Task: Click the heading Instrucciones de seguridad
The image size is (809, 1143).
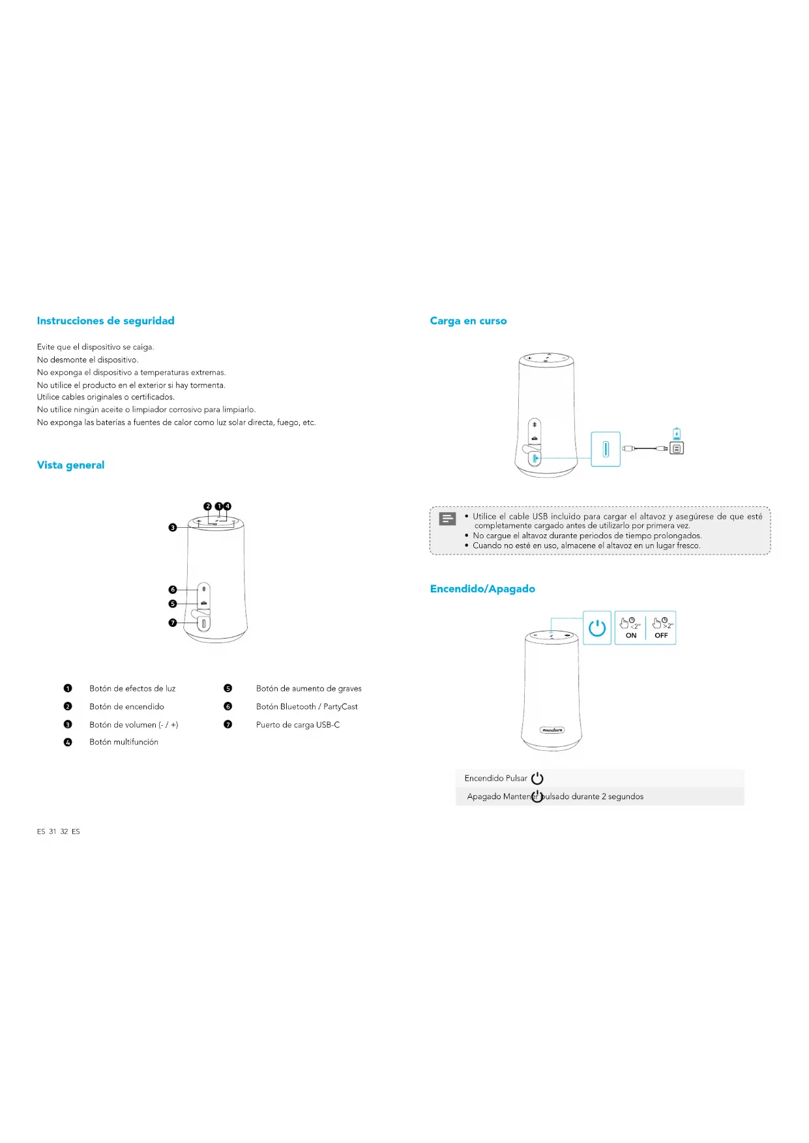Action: click(106, 321)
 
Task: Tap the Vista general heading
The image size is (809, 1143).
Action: click(70, 465)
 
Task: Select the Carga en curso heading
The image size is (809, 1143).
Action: click(468, 321)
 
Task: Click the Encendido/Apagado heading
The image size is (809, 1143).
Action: click(482, 588)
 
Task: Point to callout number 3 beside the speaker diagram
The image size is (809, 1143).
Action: click(173, 527)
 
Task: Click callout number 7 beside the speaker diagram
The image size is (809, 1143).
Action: click(173, 623)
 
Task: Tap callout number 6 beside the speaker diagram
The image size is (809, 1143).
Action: click(173, 590)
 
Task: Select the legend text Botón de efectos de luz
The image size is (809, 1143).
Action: click(132, 688)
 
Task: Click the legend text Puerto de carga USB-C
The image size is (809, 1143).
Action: click(298, 725)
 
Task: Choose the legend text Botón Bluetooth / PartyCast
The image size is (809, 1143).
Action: click(306, 706)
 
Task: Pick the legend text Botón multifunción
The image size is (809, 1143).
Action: click(124, 742)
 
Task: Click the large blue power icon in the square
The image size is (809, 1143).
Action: click(597, 628)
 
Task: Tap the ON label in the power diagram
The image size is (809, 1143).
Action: click(631, 635)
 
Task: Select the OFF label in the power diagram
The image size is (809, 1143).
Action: click(661, 635)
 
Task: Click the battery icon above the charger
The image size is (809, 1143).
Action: click(677, 434)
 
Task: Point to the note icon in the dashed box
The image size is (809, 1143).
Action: click(447, 519)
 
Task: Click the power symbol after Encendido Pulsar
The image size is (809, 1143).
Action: click(537, 778)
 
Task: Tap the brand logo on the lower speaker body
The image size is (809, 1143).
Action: click(552, 730)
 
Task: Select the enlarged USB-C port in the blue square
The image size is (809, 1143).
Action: click(606, 449)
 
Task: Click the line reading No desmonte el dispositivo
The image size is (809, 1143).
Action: click(87, 360)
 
